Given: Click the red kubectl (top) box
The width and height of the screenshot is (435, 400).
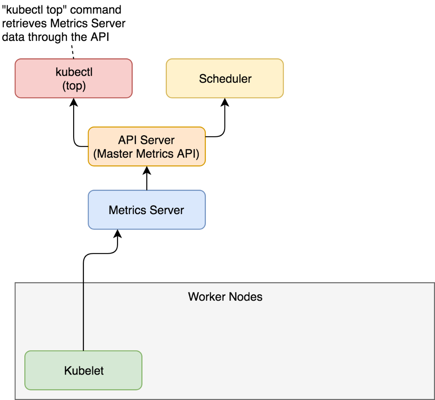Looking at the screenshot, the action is tap(74, 78).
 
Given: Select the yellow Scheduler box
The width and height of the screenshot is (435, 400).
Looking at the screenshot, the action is tap(225, 78).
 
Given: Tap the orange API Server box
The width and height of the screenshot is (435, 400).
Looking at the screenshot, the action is tap(147, 146).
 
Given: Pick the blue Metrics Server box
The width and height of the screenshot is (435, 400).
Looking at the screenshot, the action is tap(147, 210).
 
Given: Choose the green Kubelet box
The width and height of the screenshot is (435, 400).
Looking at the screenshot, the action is tap(83, 370).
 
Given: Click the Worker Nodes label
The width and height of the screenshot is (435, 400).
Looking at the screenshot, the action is tap(225, 297).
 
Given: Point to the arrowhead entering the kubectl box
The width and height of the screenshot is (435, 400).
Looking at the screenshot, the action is tap(74, 102).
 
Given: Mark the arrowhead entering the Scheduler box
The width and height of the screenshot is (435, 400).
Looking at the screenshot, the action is tap(225, 102).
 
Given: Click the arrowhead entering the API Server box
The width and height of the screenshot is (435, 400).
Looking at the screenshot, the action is tap(147, 170).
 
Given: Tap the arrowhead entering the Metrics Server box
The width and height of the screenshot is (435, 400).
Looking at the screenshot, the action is tap(118, 233).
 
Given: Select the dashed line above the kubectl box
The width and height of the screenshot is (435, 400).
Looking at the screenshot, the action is tap(73, 52).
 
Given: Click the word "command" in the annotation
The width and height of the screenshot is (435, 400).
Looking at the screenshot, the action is tap(96, 10).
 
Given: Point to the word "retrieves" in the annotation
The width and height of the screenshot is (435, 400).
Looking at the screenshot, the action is tap(24, 24).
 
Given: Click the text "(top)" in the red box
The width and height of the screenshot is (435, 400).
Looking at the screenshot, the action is tap(74, 86).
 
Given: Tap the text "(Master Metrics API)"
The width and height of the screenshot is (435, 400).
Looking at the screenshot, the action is tap(146, 154).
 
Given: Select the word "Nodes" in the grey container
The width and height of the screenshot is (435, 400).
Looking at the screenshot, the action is tap(245, 297).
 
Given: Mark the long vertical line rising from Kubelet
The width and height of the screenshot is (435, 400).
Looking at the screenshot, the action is tap(83, 302).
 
